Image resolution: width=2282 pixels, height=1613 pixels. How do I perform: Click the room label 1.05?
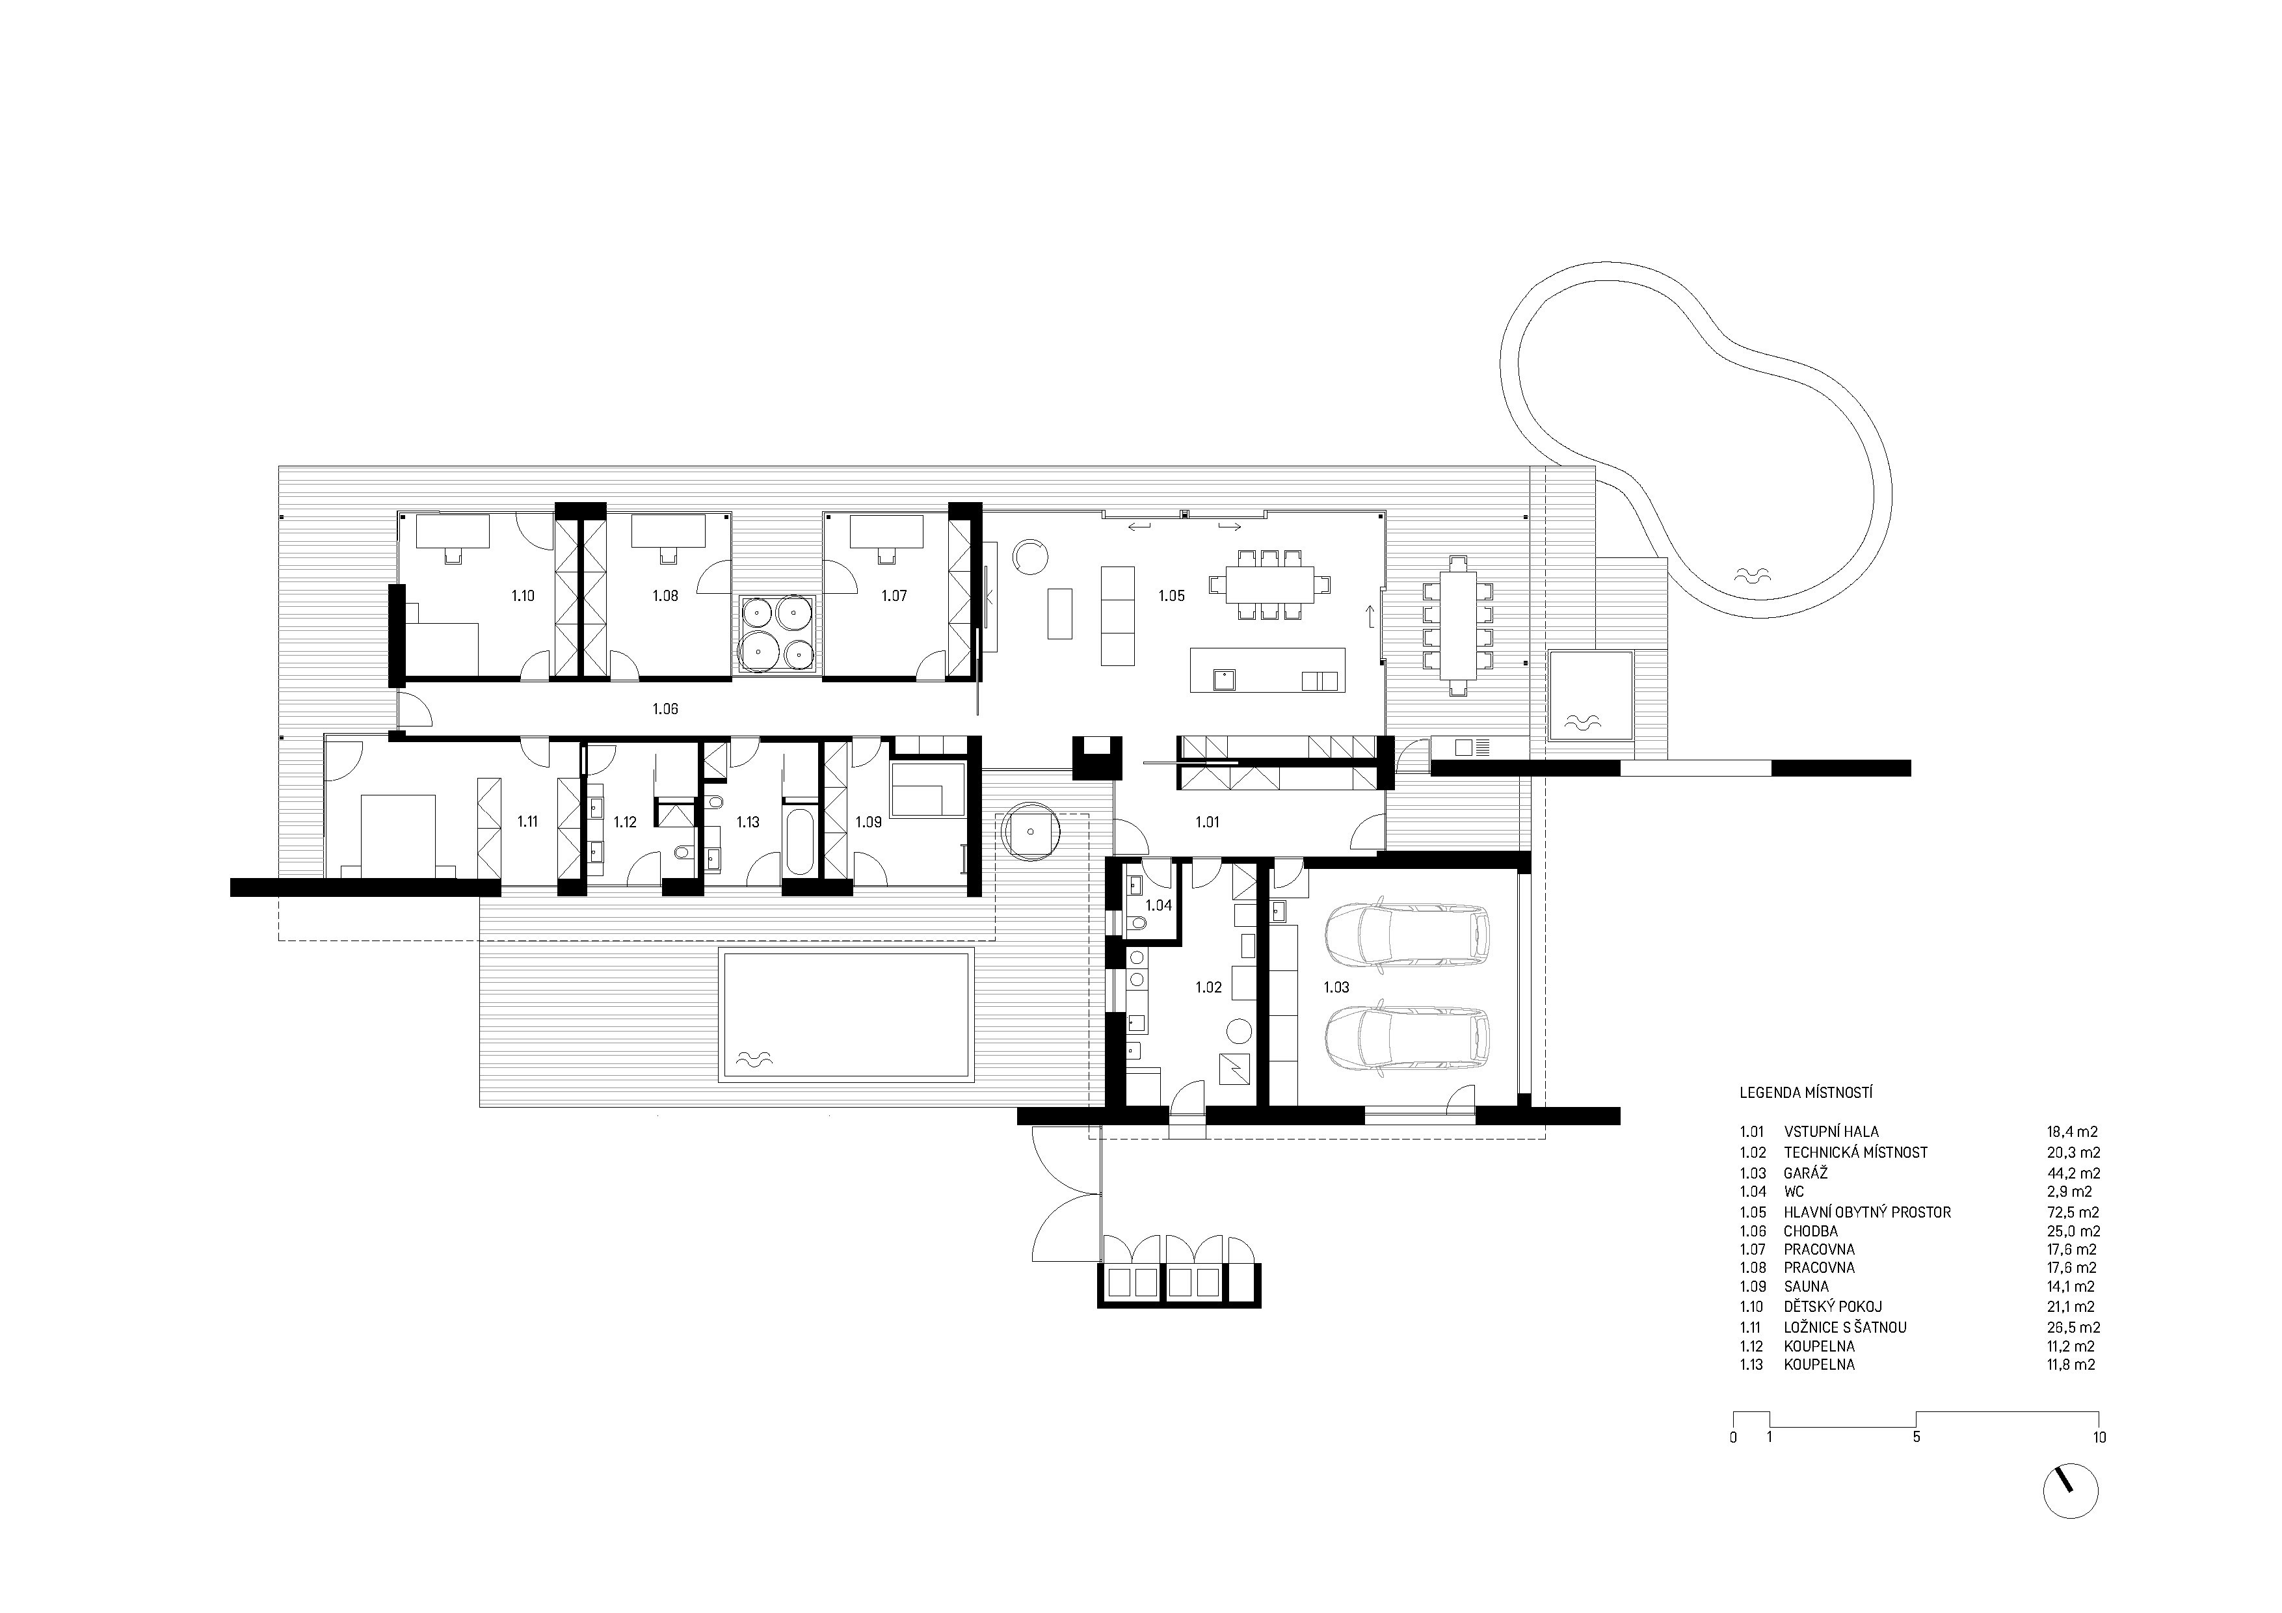tap(1171, 596)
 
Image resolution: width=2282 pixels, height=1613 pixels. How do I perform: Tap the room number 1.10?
tap(523, 596)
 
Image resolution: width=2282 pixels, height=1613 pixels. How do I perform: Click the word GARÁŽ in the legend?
tap(1806, 1173)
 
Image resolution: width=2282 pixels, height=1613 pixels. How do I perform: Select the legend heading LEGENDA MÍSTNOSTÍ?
tap(1806, 1092)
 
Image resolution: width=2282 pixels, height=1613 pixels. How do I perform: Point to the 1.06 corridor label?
tap(665, 708)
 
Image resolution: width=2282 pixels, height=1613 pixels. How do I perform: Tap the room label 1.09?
tap(869, 822)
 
